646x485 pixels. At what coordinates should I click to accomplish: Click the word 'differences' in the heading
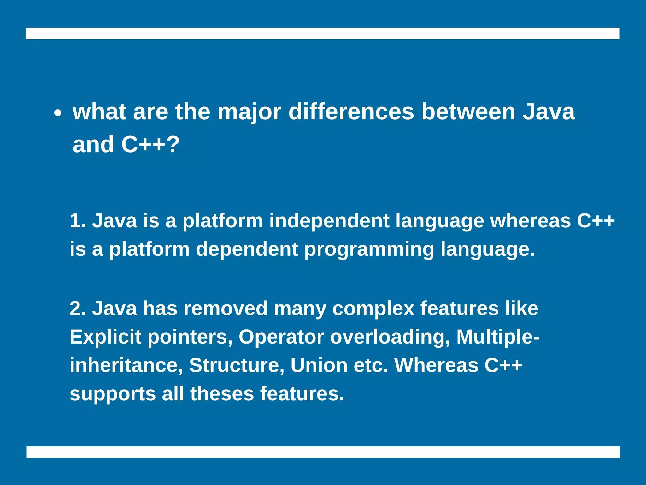pyautogui.click(x=351, y=112)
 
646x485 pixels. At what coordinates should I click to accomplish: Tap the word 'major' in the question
pyautogui.click(x=249, y=112)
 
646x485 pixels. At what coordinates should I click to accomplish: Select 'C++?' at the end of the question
pyautogui.click(x=150, y=145)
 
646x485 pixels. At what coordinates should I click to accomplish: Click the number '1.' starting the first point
pyautogui.click(x=78, y=220)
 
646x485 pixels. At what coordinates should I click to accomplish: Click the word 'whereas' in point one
pyautogui.click(x=530, y=220)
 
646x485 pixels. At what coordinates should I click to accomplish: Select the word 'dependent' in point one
pyautogui.click(x=247, y=249)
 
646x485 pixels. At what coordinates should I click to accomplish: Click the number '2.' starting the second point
pyautogui.click(x=78, y=308)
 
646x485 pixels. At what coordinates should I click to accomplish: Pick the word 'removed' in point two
pyautogui.click(x=226, y=308)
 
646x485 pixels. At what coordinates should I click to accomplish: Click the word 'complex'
pyautogui.click(x=373, y=309)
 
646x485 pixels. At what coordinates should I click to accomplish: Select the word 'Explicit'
pyautogui.click(x=105, y=337)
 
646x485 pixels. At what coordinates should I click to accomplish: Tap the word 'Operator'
pyautogui.click(x=281, y=337)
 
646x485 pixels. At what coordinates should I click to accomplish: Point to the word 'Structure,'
pyautogui.click(x=237, y=365)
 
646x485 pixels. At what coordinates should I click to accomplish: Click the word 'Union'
pyautogui.click(x=319, y=365)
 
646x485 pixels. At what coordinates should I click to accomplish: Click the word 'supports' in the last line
pyautogui.click(x=113, y=394)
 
